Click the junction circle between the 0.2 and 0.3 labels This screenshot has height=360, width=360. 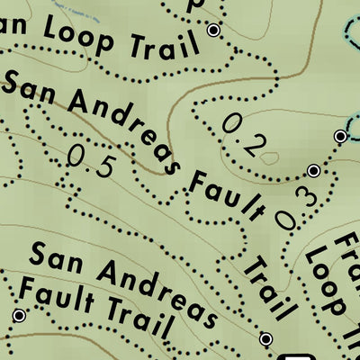[313, 170]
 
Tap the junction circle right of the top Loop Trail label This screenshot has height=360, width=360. [213, 31]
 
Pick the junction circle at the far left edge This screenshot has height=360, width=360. [19, 315]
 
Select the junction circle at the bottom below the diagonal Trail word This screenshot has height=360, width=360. [265, 338]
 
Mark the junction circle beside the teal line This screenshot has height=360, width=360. [340, 136]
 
